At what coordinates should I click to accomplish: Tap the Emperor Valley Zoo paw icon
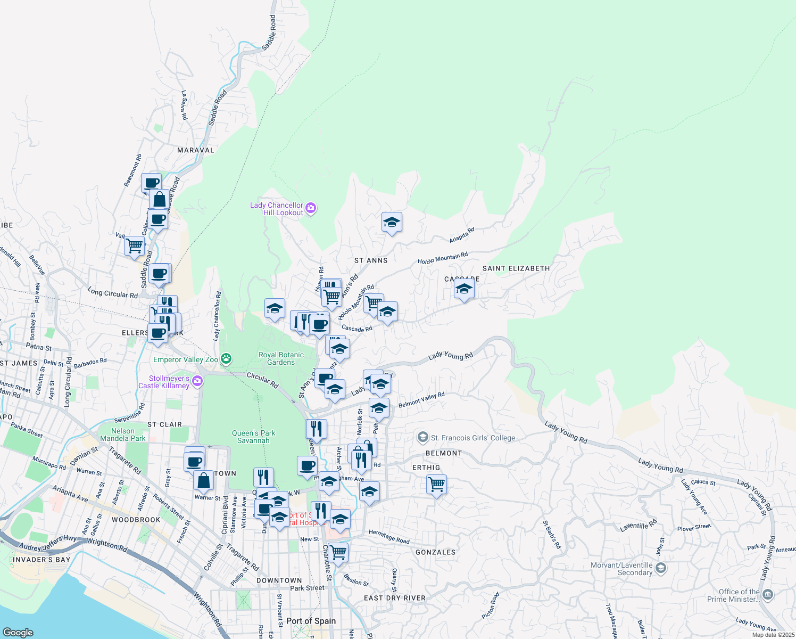tap(226, 359)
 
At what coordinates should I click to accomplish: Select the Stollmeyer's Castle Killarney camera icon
tap(197, 380)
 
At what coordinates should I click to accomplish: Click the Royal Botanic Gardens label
tap(281, 358)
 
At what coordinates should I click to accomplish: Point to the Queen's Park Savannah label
tap(253, 437)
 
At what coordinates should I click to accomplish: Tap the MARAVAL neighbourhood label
tap(195, 150)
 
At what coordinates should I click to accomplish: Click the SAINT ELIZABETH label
tap(516, 268)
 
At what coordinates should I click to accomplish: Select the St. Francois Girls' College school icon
tap(423, 438)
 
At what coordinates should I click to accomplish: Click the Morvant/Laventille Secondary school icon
tap(660, 569)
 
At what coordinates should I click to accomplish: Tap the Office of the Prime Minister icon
tap(767, 595)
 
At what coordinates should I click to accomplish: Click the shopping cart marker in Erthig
tap(436, 485)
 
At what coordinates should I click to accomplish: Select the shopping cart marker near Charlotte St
tap(338, 552)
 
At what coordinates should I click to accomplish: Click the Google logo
tap(18, 632)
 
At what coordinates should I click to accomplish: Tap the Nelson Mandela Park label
tap(122, 435)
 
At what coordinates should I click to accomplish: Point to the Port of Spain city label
tap(311, 621)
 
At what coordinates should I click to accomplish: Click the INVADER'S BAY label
tap(42, 560)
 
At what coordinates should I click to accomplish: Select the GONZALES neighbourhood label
tap(435, 552)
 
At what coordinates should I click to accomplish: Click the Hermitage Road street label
tap(389, 537)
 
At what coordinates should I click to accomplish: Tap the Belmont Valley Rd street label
tap(421, 400)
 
